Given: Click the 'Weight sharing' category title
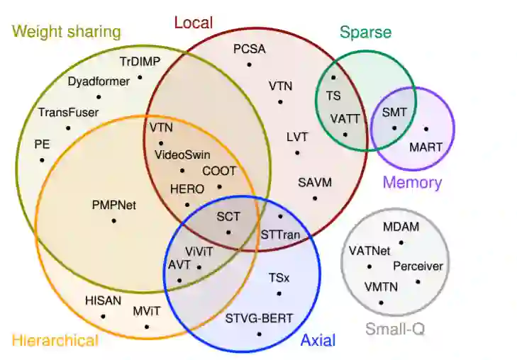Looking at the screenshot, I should [x=66, y=32].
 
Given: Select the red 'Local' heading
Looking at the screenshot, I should [x=193, y=23].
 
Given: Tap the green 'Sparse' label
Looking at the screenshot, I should [x=365, y=32].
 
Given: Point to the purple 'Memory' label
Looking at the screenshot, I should [x=412, y=182].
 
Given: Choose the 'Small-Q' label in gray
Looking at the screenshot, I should [x=395, y=329].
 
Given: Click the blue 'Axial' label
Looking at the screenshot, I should [x=318, y=340].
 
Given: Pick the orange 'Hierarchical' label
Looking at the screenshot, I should [x=55, y=340].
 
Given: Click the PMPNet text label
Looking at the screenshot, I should [x=113, y=206].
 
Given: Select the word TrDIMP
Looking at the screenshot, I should [x=140, y=62].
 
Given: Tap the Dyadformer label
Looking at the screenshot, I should [x=99, y=81].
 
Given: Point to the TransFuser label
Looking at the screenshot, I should [x=68, y=112].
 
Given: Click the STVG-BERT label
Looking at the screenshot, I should [x=259, y=318].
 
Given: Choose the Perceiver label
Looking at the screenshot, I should [x=418, y=266].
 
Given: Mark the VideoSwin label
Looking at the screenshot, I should [x=182, y=154].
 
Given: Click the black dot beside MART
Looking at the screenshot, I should [x=426, y=129].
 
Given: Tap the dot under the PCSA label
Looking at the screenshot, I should [x=249, y=64].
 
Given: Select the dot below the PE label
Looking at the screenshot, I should [x=42, y=159].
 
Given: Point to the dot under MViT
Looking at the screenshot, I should [x=147, y=327].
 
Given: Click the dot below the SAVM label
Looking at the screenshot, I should [x=315, y=198].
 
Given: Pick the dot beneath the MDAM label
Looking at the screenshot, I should [x=401, y=243].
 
